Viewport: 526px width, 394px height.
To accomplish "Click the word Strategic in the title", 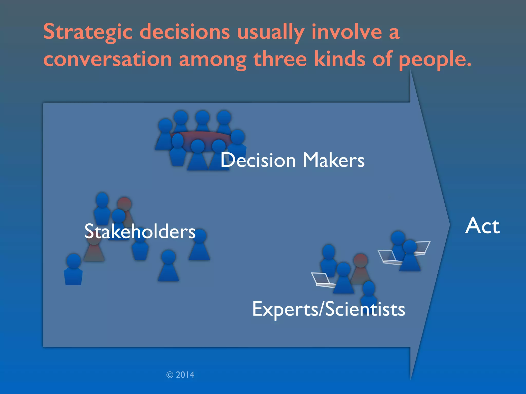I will tap(88, 32).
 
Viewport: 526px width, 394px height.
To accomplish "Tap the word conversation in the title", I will tap(107, 59).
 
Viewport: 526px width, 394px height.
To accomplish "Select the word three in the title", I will tap(280, 59).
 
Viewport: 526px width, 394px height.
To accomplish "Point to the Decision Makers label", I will tap(292, 160).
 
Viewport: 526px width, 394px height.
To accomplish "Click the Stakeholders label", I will tap(140, 231).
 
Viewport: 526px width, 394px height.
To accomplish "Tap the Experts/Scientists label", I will tap(328, 309).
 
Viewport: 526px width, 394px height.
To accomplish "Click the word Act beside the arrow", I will tap(482, 226).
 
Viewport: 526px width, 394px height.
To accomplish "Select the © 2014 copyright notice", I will tap(180, 375).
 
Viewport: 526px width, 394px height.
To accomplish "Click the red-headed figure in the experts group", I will tap(360, 268).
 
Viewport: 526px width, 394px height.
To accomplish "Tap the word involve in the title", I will tap(347, 32).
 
